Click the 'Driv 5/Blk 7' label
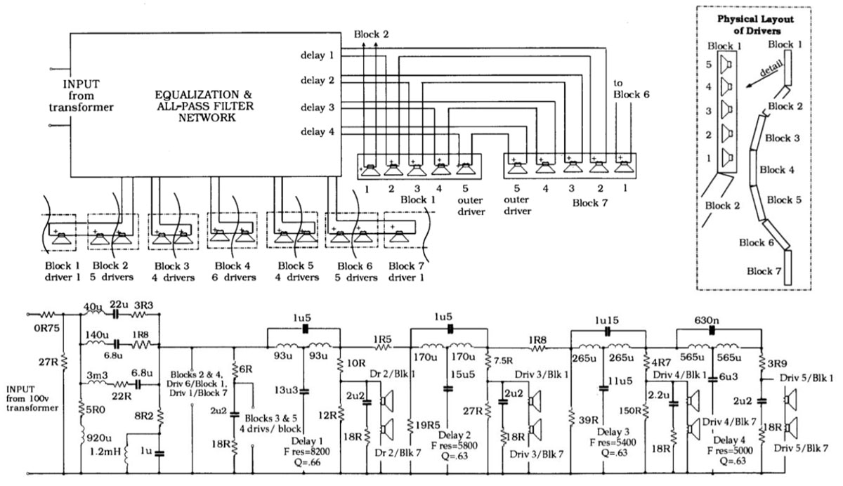(x=802, y=447)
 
